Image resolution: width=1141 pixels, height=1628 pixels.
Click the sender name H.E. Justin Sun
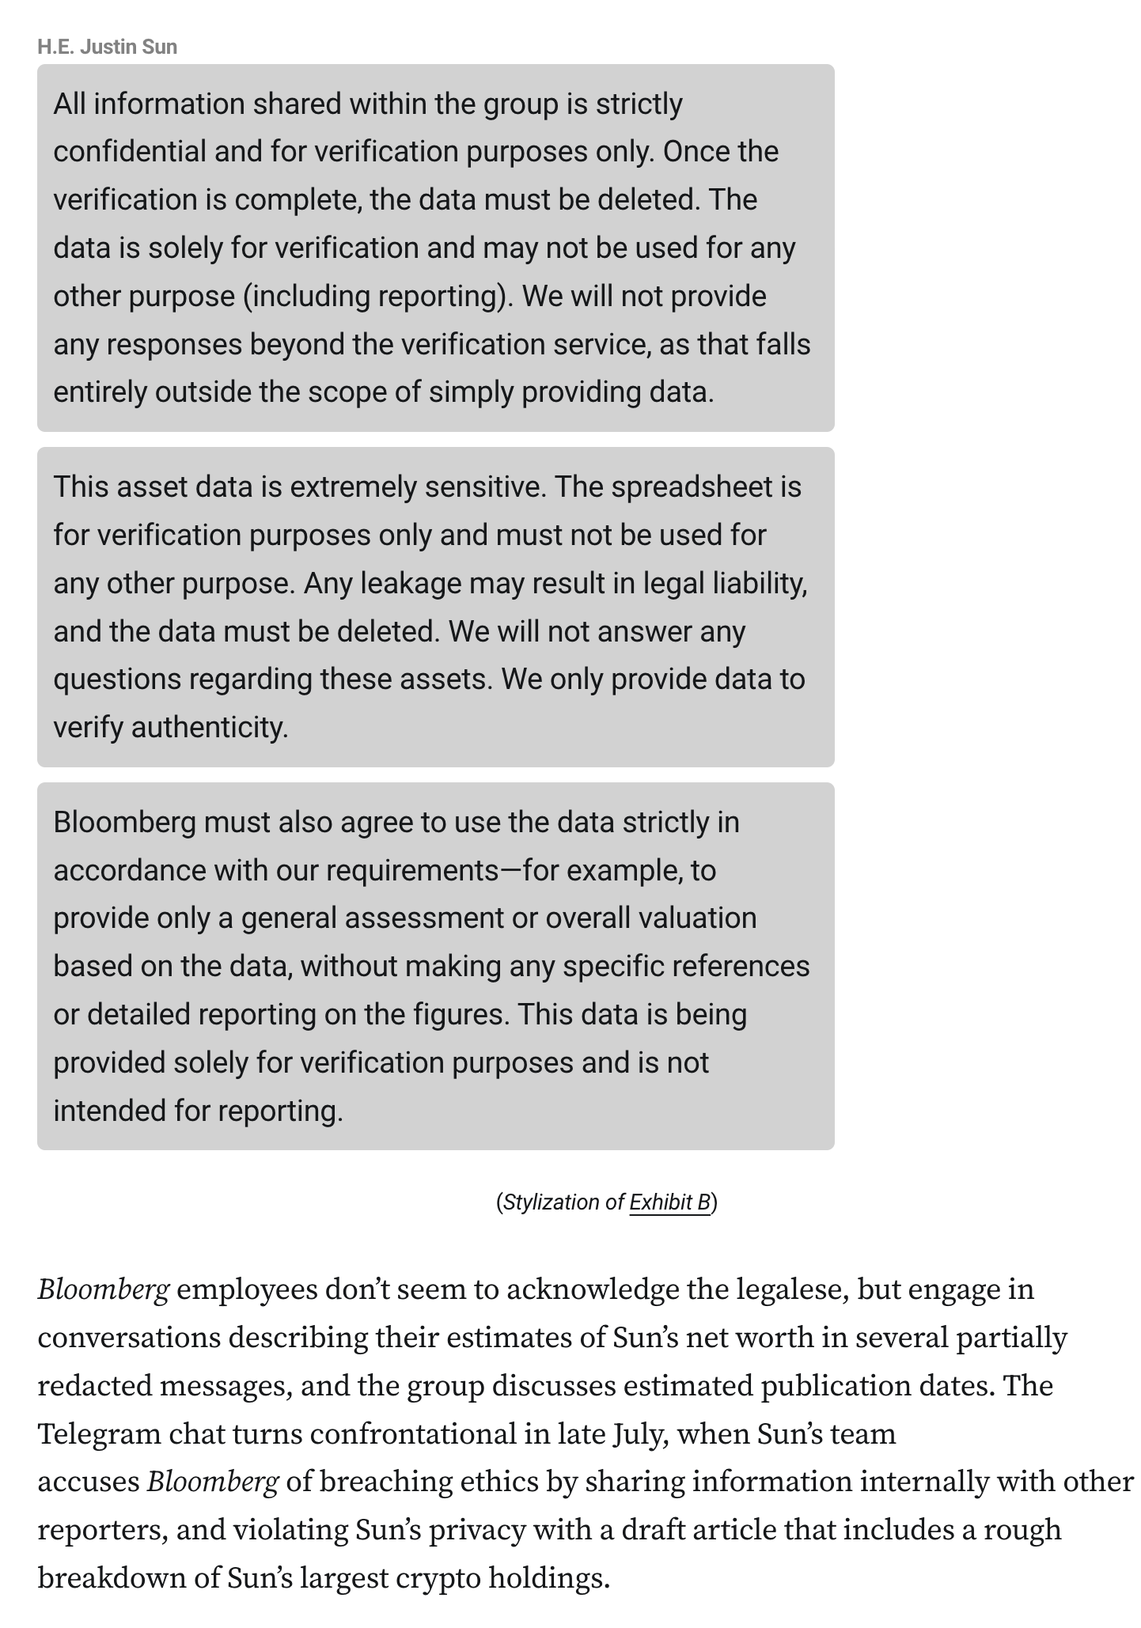tap(107, 47)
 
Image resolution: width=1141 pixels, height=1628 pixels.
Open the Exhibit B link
tap(669, 1202)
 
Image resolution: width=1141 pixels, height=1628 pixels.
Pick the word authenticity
tap(209, 727)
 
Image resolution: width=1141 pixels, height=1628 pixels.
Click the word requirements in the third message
tap(412, 870)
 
